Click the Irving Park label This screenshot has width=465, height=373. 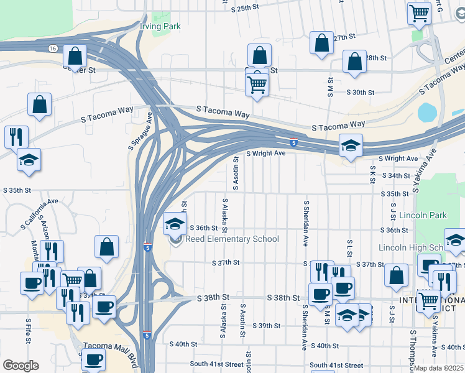tap(160, 27)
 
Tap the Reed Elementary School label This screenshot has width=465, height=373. tap(233, 239)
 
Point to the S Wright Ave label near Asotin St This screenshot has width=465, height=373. tap(266, 153)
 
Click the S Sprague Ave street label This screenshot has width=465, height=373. tap(140, 131)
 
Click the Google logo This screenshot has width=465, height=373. tap(21, 366)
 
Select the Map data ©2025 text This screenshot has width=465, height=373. tap(438, 368)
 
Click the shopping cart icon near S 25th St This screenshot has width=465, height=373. tap(419, 12)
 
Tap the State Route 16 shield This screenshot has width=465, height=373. tap(53, 48)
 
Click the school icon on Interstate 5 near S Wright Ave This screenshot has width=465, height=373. tap(351, 145)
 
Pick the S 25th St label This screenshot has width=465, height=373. tap(244, 9)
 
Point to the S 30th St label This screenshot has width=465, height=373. tap(361, 92)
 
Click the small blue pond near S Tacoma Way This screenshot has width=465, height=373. tap(428, 113)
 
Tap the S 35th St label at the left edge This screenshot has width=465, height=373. tap(17, 190)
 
